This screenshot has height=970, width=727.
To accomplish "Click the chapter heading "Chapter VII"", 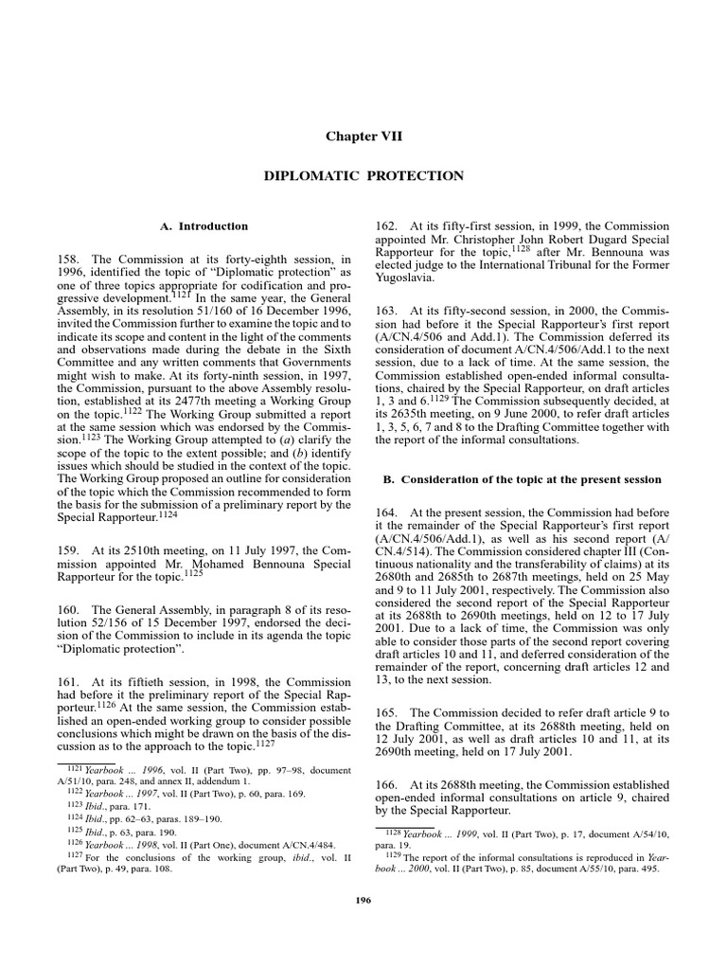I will (x=363, y=136).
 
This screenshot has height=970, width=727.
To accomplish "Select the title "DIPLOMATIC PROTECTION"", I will (x=363, y=176).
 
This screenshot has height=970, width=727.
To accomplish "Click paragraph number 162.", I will (x=388, y=226).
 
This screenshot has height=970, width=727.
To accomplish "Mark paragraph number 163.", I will (x=388, y=311).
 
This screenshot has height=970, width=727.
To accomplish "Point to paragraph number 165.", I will (x=388, y=711).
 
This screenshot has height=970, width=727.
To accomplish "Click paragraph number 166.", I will (x=388, y=786).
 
